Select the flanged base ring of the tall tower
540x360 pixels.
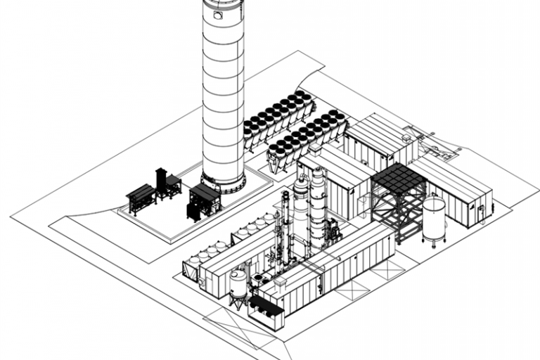coord(224,182)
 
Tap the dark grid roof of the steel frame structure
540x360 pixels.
coord(398,180)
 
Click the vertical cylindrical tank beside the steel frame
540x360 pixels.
coord(433,219)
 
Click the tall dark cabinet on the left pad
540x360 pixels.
coord(162,183)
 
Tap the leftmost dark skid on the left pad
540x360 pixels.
coord(139,197)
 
